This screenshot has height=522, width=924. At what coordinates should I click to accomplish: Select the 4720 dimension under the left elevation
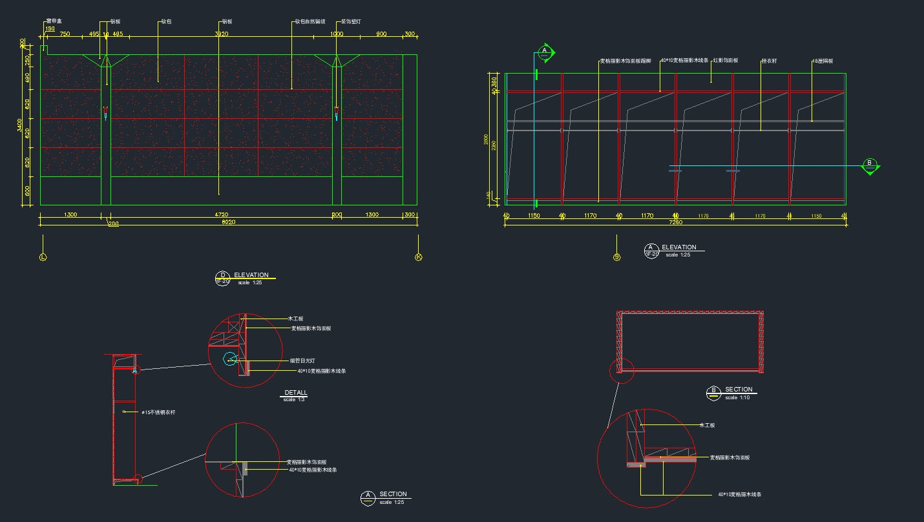[222, 214]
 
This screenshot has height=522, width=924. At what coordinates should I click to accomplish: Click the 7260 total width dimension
[676, 222]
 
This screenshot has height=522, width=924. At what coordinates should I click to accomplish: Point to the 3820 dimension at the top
[222, 34]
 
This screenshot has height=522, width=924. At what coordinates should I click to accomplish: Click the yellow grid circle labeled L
[43, 257]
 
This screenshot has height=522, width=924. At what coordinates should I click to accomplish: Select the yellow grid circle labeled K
[418, 257]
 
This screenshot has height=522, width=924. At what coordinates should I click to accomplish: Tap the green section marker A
[545, 52]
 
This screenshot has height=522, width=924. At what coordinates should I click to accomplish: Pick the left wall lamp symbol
[105, 115]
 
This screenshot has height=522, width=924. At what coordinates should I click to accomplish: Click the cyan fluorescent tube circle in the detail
[230, 360]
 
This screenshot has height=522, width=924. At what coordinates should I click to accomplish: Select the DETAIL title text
[296, 393]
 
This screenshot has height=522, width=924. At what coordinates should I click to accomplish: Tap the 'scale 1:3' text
[294, 399]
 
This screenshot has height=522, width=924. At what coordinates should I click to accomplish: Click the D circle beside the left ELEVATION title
[222, 278]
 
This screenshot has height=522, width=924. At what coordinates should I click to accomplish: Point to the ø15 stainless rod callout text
[158, 412]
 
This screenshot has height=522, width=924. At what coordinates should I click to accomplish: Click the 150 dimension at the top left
[50, 28]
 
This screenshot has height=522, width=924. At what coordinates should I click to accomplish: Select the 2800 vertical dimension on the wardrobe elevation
[486, 140]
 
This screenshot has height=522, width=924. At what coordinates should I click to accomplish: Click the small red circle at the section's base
[137, 478]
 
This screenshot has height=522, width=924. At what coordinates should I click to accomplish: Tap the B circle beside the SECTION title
[714, 391]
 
